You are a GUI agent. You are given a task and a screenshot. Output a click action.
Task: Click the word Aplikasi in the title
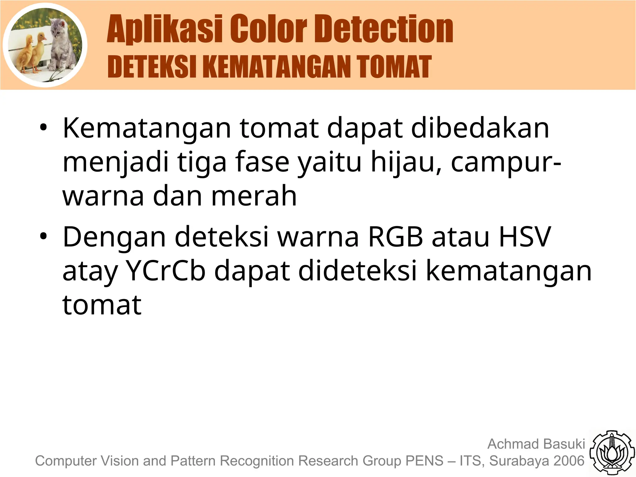tap(165, 30)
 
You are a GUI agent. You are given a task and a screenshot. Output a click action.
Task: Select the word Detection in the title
tap(385, 30)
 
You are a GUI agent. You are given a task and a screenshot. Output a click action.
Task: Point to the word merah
tap(254, 196)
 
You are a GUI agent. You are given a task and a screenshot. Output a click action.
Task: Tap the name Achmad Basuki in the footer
tap(536, 444)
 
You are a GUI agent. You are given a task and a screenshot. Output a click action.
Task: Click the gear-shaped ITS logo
tap(612, 453)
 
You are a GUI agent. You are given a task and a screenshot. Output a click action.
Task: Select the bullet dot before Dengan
tap(43, 237)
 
